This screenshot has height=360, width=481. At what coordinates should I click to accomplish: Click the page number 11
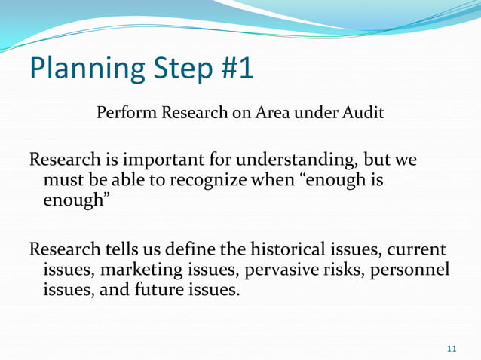coord(452,348)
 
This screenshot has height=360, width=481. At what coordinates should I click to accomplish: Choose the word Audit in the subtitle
coord(365,114)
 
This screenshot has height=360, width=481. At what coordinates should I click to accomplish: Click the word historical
coord(269,250)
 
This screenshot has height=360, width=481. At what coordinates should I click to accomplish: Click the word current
coord(416,250)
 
